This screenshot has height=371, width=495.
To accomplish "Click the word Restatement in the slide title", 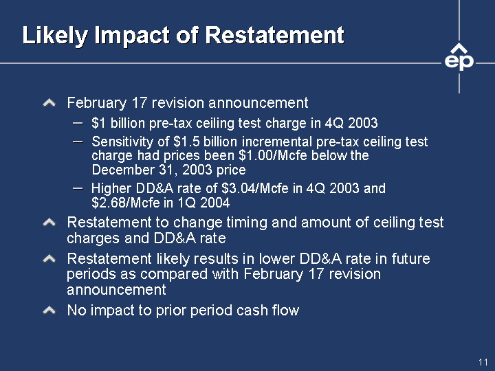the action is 274,35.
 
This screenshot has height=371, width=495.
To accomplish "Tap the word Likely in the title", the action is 54,36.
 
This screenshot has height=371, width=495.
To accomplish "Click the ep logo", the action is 459,58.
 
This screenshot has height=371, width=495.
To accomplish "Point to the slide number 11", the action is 483,362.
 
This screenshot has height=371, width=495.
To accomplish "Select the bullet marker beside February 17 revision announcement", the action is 49,103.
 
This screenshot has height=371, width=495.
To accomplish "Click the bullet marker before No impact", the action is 49,311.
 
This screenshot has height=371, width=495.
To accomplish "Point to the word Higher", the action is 111,189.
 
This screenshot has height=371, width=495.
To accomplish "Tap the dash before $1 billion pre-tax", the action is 77,123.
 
